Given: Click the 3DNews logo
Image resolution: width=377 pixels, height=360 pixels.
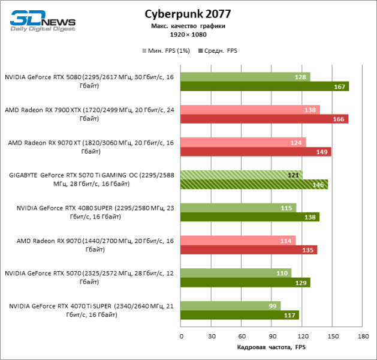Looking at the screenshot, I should tap(43, 20).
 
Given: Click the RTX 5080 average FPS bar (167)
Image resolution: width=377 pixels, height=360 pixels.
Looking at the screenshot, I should tap(264, 86).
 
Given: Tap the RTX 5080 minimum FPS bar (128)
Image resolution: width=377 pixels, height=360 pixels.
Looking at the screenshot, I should tap(245, 77).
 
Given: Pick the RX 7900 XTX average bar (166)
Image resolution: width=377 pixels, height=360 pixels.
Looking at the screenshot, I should tap(264, 119).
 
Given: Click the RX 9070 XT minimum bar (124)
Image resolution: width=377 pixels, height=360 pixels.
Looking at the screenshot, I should tap(243, 142).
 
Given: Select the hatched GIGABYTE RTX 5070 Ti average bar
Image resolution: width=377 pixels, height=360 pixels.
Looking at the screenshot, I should tap(254, 184).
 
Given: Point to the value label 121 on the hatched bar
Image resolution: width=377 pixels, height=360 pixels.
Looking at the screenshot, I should tap(293, 175).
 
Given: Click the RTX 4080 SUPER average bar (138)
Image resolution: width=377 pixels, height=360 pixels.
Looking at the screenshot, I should tap(250, 217).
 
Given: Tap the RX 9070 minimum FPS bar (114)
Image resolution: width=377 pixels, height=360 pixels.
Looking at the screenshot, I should tap(238, 240).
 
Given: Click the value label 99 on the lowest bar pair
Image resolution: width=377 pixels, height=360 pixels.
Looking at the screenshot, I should tap(273, 305).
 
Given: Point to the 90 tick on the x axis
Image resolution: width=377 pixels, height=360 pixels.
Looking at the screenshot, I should tap(272, 336).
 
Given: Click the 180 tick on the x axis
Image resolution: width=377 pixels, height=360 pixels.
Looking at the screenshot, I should tap(362, 336).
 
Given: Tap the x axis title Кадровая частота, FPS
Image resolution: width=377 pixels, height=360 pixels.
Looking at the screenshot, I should tap(271, 347).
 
